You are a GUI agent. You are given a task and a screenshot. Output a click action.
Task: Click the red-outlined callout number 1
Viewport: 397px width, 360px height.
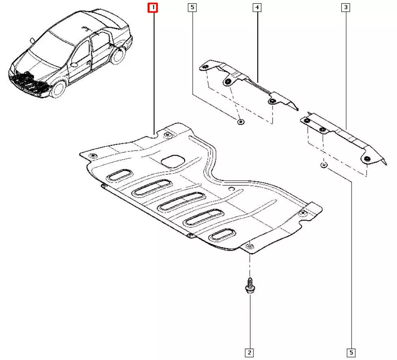[153, 8]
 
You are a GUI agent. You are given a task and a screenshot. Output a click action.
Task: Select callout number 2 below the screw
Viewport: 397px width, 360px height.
[249, 352]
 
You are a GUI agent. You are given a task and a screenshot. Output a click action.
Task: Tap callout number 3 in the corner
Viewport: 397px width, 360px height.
[346, 7]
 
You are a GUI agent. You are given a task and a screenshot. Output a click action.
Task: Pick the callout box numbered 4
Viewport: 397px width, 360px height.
[257, 7]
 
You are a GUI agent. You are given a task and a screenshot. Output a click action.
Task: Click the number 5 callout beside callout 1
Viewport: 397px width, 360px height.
[192, 7]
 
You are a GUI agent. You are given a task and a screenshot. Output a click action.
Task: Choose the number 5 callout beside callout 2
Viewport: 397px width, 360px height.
[351, 352]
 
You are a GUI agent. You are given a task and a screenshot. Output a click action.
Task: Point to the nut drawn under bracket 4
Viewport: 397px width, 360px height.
[241, 122]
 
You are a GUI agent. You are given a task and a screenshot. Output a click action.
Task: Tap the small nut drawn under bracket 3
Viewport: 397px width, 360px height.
[324, 165]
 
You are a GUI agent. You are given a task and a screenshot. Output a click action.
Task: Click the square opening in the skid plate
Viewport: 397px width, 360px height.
[173, 161]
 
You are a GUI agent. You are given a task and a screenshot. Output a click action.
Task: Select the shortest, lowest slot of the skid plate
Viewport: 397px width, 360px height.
[222, 235]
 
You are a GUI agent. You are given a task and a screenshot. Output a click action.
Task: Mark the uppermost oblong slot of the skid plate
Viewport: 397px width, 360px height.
[119, 175]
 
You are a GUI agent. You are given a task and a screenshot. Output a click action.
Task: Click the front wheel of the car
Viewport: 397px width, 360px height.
[58, 89]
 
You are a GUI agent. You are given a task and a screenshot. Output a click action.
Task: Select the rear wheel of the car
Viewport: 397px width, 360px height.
[118, 56]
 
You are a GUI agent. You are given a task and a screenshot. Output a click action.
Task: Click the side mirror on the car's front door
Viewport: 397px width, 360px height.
[74, 65]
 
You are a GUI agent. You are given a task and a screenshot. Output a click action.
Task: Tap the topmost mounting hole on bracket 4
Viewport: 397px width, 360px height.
[205, 67]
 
